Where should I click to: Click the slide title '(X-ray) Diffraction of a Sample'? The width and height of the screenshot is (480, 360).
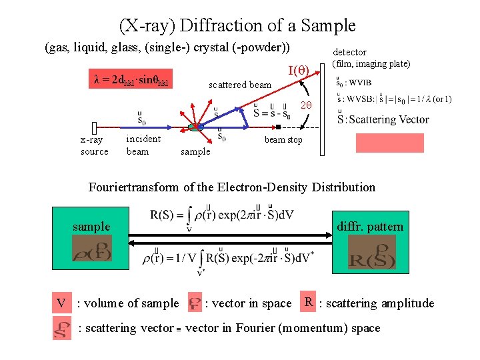[237, 26]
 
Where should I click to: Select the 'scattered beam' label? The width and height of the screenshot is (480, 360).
[240, 85]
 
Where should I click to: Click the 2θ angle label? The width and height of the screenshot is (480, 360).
[307, 106]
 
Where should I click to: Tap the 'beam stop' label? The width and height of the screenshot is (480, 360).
[283, 139]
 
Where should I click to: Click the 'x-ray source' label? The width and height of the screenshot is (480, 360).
[94, 145]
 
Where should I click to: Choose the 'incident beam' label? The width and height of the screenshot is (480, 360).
[143, 145]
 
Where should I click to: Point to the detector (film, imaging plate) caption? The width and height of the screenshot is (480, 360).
[371, 58]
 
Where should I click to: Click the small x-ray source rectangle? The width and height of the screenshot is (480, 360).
[95, 128]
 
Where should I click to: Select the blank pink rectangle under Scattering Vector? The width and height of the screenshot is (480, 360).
[380, 143]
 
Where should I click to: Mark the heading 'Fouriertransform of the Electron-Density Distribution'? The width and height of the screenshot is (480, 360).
[232, 187]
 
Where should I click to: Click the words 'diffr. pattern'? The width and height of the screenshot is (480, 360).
[371, 227]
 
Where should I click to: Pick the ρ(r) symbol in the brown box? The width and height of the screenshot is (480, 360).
[91, 248]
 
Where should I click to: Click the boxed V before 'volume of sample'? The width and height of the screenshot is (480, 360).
[61, 304]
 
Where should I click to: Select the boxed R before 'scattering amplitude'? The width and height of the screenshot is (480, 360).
[308, 301]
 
